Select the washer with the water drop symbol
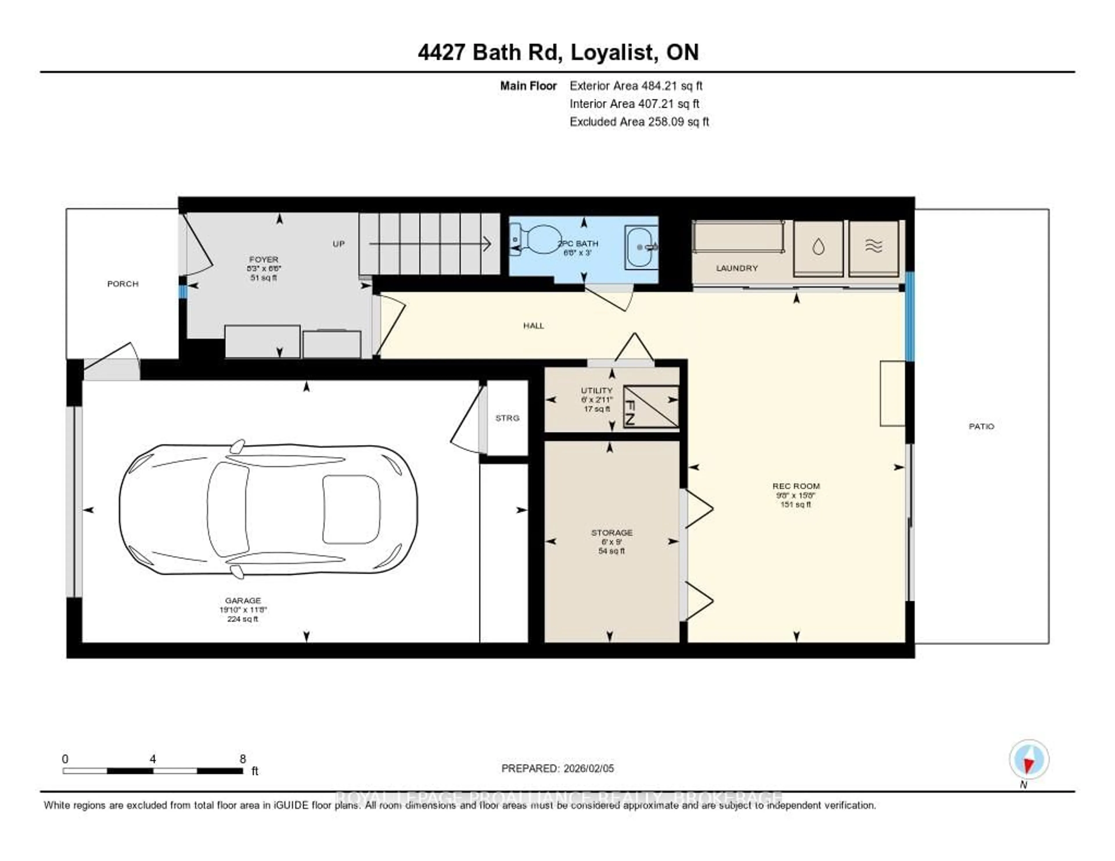point(818,248)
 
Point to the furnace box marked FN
point(651,406)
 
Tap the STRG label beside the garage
point(507,418)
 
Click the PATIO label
point(981,426)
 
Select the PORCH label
point(123,284)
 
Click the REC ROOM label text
point(796,486)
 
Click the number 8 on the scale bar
point(243,759)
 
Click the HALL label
point(533,326)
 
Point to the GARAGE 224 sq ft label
point(243,609)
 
